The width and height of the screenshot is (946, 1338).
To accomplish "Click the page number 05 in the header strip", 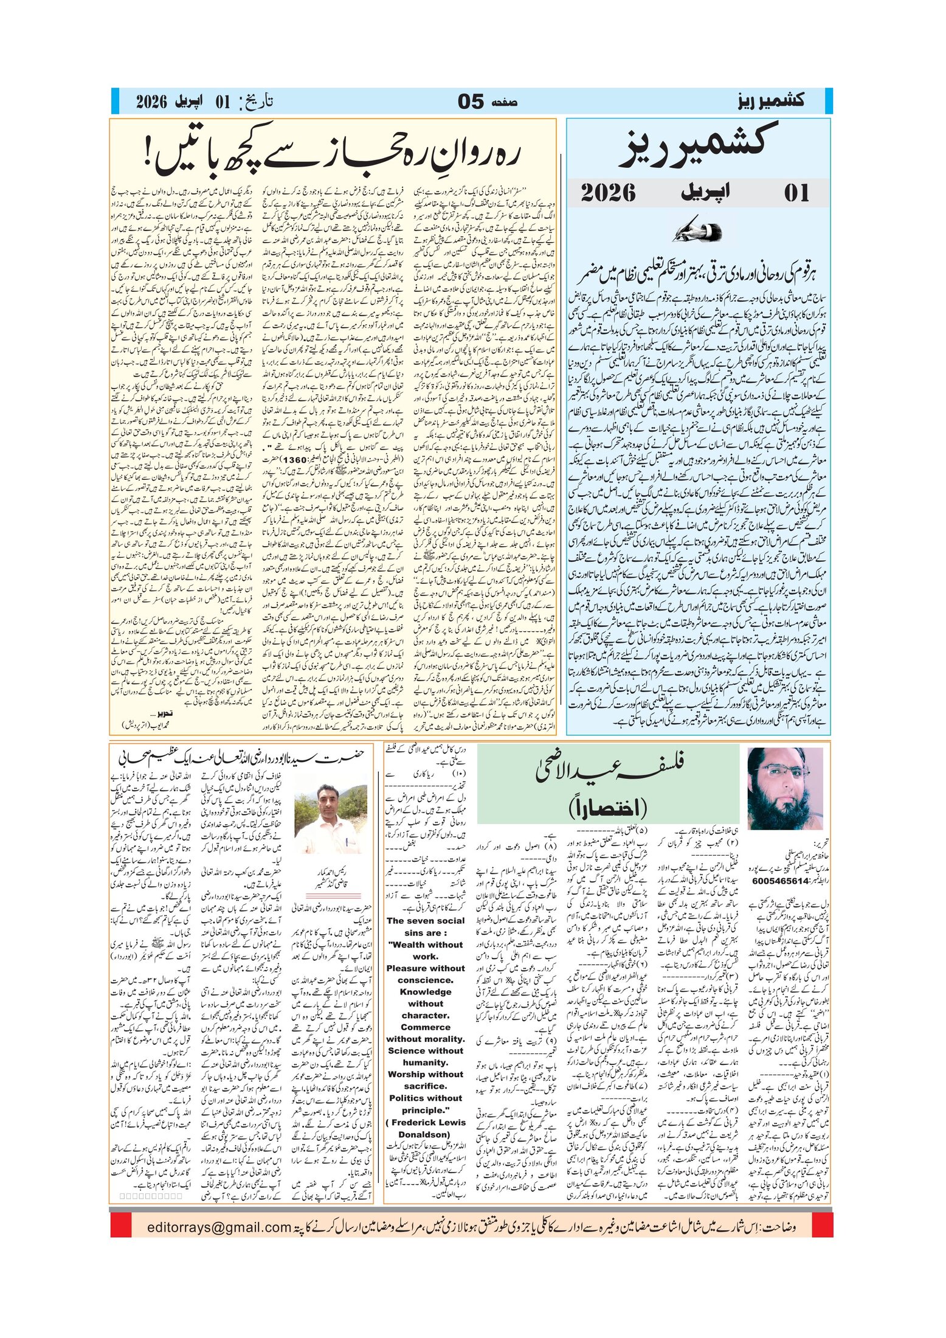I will [x=471, y=102].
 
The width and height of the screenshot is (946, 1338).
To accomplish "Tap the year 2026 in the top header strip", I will [x=151, y=102].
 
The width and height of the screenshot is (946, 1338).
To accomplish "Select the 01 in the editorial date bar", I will [x=796, y=193].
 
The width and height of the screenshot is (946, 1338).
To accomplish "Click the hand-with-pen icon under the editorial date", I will [x=699, y=232].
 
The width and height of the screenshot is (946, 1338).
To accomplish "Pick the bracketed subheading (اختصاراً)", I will [x=608, y=808].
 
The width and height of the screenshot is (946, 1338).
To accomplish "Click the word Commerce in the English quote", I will [x=426, y=1027].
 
